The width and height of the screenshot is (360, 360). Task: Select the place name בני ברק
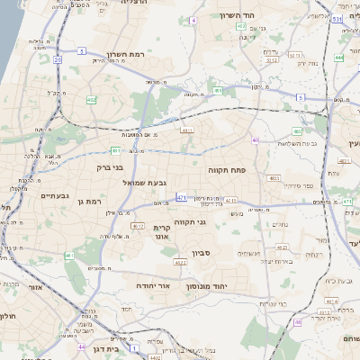111,166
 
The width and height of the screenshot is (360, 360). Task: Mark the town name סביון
200,254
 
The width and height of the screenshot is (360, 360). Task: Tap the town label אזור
36,287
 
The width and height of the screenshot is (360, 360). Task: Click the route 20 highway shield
57,60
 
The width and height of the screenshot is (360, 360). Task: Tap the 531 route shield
337,18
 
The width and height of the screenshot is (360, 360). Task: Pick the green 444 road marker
338,58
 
